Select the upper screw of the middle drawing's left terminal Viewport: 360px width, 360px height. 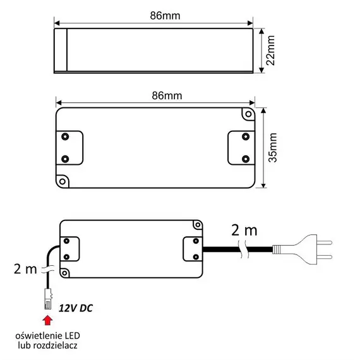click(x=65, y=136)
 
